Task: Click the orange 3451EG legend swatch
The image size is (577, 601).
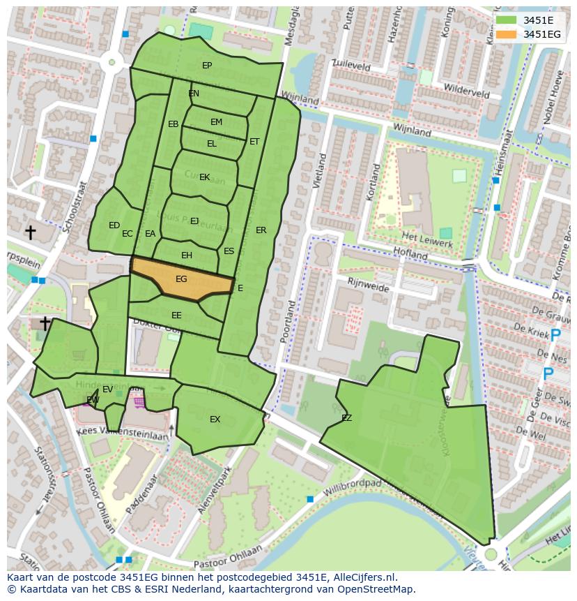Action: (507, 34)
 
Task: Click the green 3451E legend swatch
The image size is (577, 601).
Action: (507, 20)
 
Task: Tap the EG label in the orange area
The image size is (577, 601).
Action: (181, 279)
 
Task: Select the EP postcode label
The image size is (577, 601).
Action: (207, 66)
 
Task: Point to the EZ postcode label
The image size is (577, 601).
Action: (346, 418)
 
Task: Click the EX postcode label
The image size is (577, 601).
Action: (215, 420)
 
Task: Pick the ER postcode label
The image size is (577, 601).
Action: (261, 230)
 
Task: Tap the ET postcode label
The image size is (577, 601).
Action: (254, 142)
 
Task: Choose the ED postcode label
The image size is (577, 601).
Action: (114, 225)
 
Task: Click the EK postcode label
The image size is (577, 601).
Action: (204, 177)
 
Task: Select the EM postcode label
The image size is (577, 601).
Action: (216, 122)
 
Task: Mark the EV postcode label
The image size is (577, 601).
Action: (107, 389)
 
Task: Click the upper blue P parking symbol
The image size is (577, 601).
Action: (555, 336)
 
